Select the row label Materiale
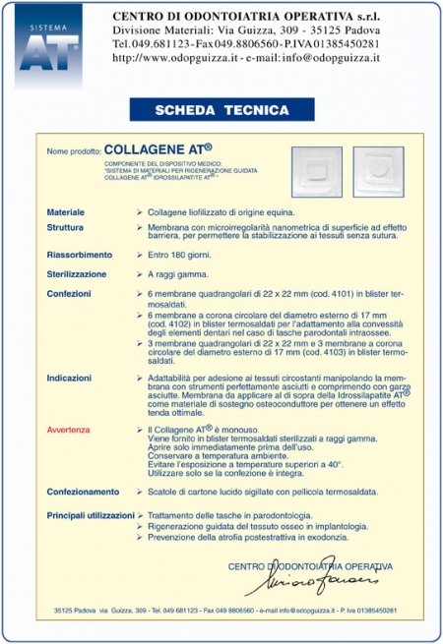coord(66,212)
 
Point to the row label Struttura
coord(65,226)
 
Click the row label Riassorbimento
coord(79,255)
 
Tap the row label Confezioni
coord(69,293)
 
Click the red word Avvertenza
coord(72,431)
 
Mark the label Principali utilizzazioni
coord(91,514)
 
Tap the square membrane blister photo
coord(316,173)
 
